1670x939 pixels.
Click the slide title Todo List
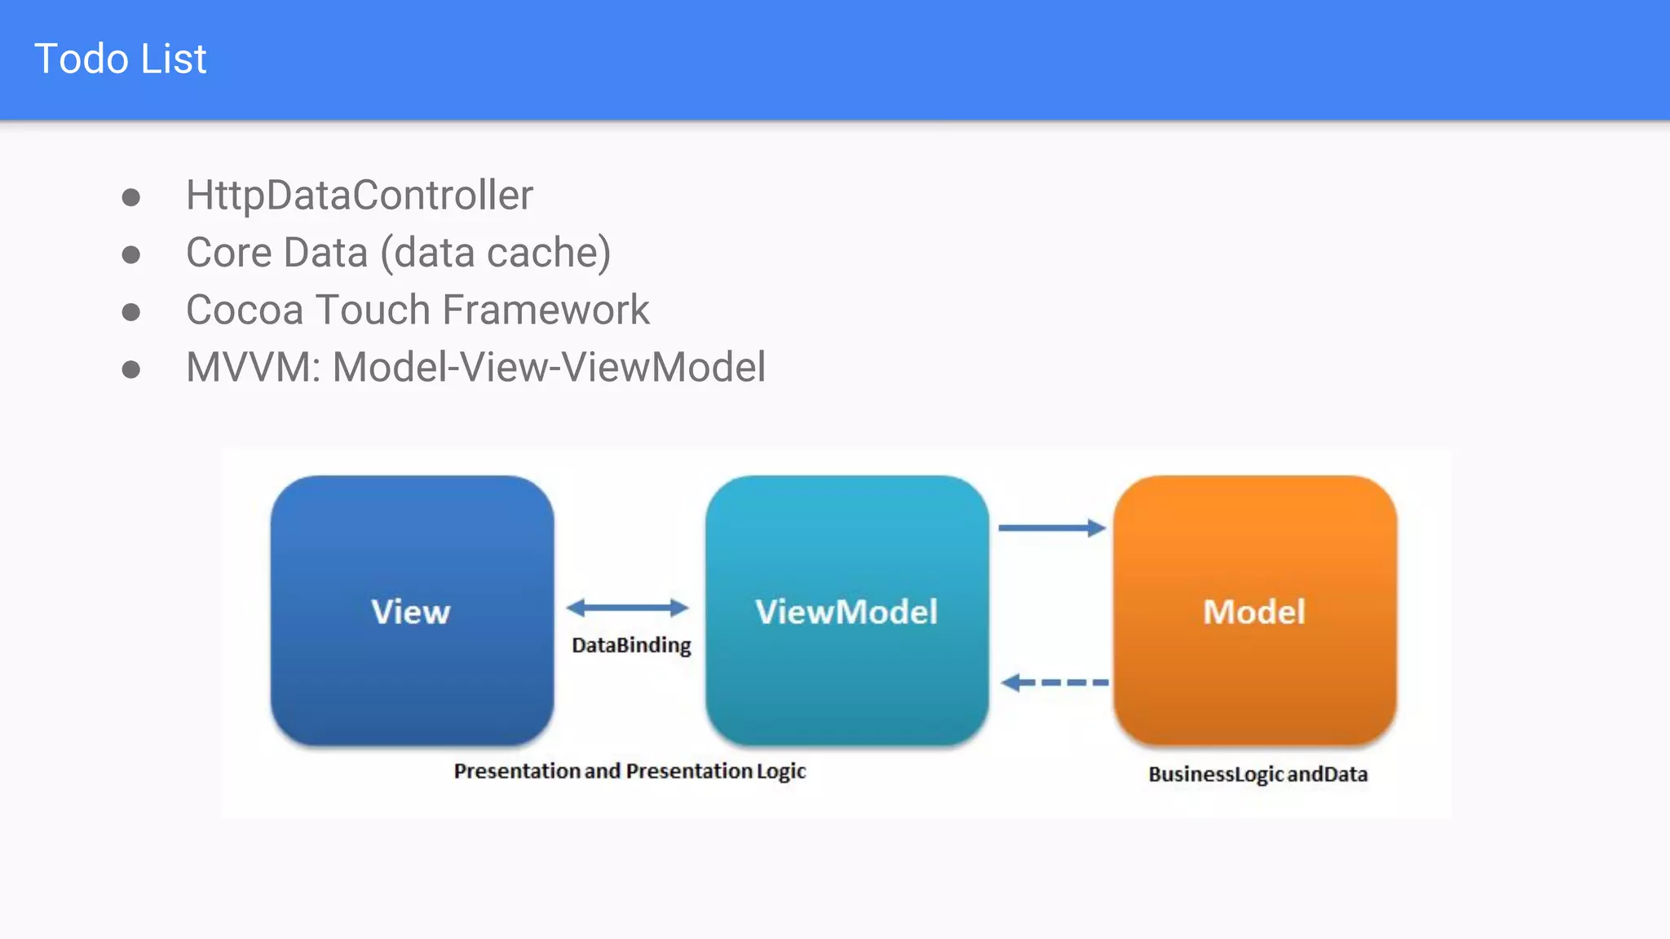point(120,60)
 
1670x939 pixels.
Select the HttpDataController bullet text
point(359,196)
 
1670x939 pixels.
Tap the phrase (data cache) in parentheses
point(495,253)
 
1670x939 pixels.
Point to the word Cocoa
point(245,311)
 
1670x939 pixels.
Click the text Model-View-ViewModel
point(549,368)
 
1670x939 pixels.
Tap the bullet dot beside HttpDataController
point(130,197)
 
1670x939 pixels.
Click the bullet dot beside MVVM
point(130,370)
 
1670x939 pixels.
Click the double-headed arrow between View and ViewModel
point(627,607)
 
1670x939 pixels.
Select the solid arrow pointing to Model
point(1051,528)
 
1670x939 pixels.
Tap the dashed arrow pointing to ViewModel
point(1054,682)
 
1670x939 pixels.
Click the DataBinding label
point(631,646)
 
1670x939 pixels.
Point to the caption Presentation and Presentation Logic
point(630,771)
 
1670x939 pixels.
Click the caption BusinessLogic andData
point(1257,774)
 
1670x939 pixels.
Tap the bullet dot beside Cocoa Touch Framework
point(130,312)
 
